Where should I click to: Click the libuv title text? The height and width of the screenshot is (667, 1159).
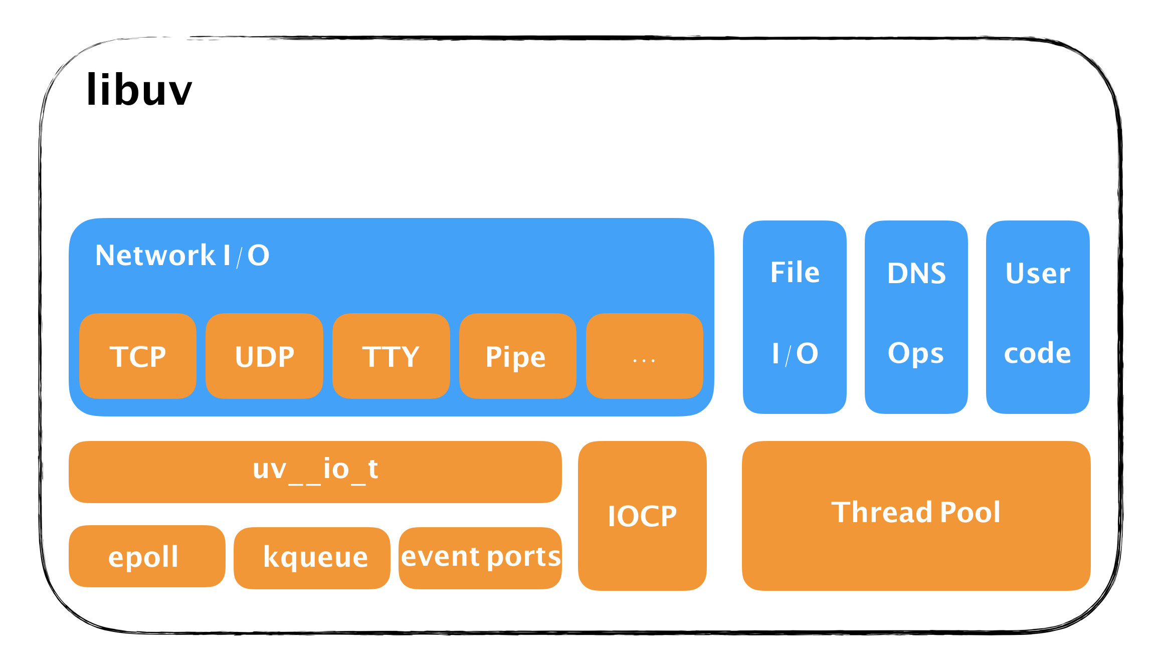coord(139,90)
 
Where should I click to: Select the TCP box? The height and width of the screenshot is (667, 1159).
coord(138,356)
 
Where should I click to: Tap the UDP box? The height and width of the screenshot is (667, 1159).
coord(264,356)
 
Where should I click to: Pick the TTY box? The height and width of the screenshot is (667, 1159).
coord(391,356)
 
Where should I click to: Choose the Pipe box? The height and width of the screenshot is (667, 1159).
coord(517,356)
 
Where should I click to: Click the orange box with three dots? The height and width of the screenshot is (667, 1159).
coord(644,356)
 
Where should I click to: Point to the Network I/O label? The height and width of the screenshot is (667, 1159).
coord(182,256)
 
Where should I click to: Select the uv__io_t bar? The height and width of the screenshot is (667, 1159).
coord(315,471)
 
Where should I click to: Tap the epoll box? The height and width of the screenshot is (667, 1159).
coord(146,556)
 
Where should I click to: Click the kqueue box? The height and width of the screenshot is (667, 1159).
coord(312,557)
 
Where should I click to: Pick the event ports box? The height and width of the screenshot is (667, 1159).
coord(480,557)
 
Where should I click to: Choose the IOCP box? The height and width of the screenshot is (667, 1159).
coord(642,516)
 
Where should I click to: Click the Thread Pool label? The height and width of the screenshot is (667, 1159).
coord(916,513)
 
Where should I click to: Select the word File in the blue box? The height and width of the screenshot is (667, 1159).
coord(795,273)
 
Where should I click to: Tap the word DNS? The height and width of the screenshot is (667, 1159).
coord(916,274)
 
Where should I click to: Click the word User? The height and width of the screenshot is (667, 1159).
coord(1038,274)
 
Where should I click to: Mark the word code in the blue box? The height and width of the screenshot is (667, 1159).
coord(1037,353)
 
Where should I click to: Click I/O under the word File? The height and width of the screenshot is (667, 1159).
coord(795,354)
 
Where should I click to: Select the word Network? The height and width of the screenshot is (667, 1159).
coord(155,256)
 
